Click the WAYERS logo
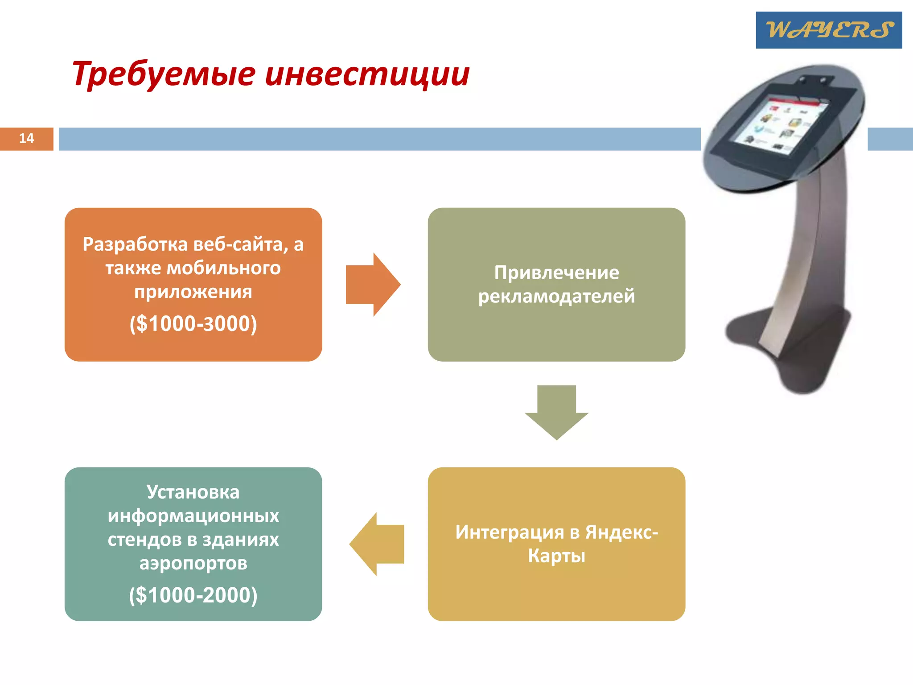pyautogui.click(x=828, y=30)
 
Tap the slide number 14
pyautogui.click(x=26, y=138)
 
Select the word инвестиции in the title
pyautogui.click(x=367, y=74)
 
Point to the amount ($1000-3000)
pyautogui.click(x=193, y=323)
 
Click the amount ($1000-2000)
pyautogui.click(x=193, y=595)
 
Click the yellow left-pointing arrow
pyautogui.click(x=377, y=544)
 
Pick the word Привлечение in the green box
pyautogui.click(x=556, y=272)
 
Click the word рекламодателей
pyautogui.click(x=556, y=296)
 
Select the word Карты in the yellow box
pyautogui.click(x=556, y=556)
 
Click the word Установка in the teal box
pyautogui.click(x=193, y=492)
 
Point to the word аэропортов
pyautogui.click(x=193, y=563)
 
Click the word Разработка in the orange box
pyautogui.click(x=135, y=244)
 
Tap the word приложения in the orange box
pyautogui.click(x=193, y=292)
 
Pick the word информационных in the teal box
pyautogui.click(x=193, y=516)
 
